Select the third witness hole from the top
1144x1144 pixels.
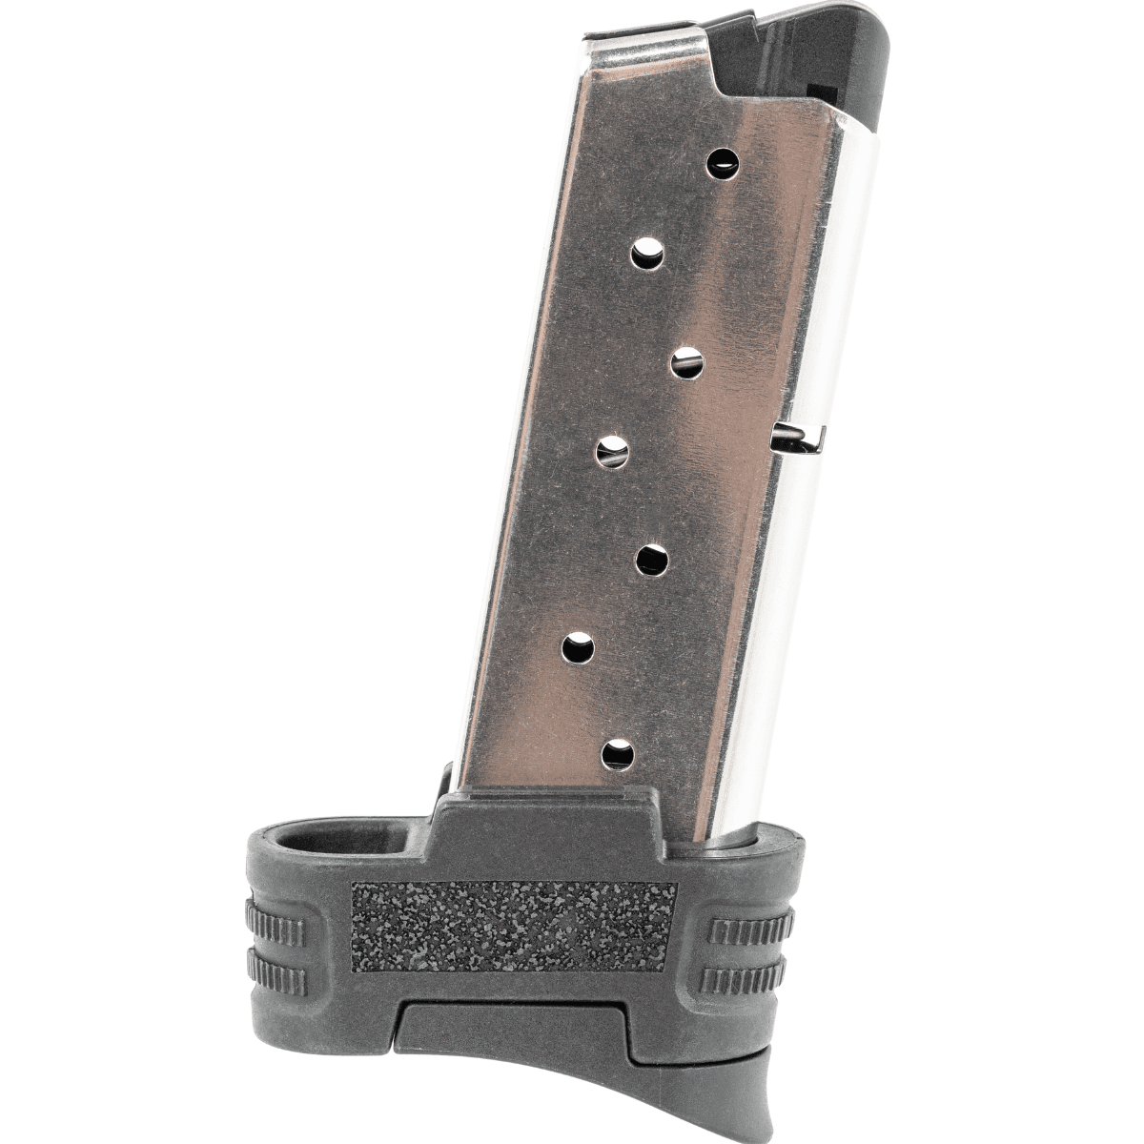(687, 363)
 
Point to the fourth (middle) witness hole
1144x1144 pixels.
(615, 449)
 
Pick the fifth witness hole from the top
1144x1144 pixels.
(653, 560)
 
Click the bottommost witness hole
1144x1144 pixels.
(618, 754)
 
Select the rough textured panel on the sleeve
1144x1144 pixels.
(514, 925)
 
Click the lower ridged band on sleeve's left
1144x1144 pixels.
(276, 973)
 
